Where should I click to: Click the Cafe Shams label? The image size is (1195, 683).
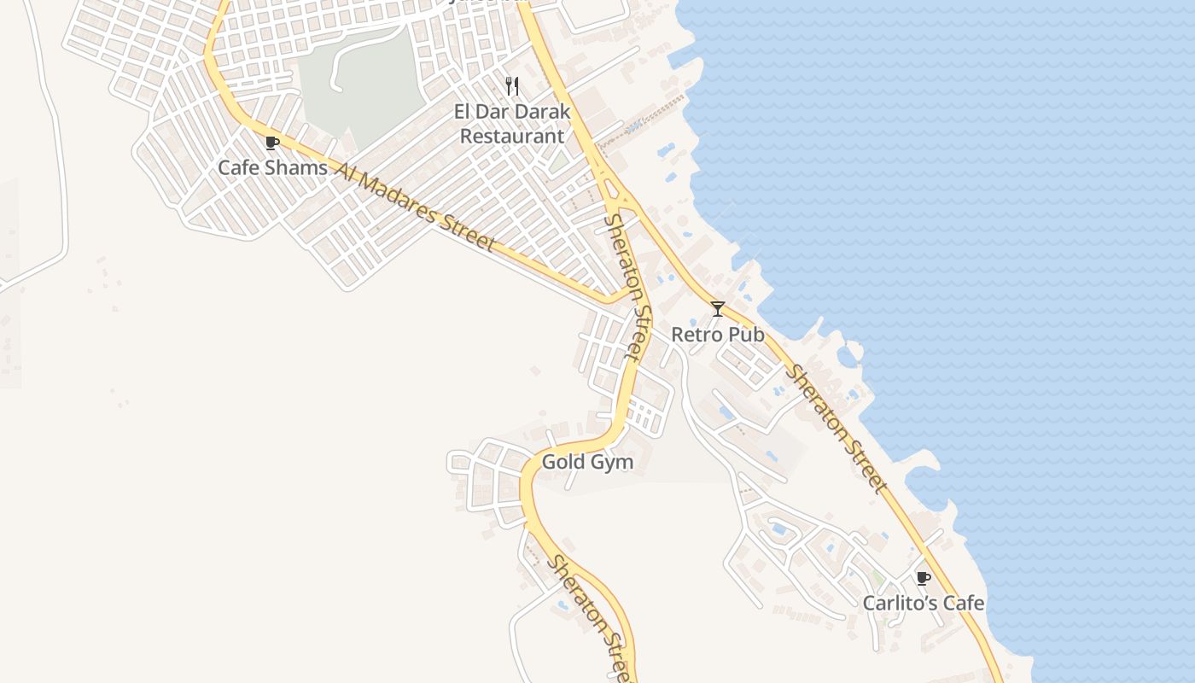[x=272, y=167]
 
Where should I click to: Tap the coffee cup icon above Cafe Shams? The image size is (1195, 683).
[x=272, y=143]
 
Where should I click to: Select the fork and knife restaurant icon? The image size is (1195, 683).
[x=512, y=85]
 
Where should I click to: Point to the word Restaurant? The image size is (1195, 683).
[x=512, y=136]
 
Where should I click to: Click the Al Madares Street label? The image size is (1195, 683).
[x=415, y=207]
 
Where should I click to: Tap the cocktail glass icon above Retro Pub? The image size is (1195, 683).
[x=718, y=309]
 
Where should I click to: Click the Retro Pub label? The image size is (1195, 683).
[x=718, y=335]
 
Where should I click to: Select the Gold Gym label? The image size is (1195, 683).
[x=588, y=463]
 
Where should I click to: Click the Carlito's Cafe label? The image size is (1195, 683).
[x=923, y=604]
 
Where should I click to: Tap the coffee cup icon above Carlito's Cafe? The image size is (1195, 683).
[x=923, y=578]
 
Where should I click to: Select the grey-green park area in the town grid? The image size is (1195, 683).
[x=363, y=85]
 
